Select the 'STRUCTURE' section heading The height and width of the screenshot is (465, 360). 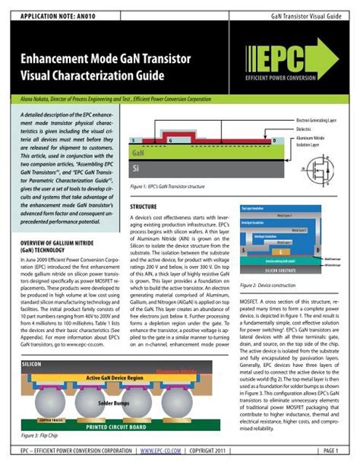tap(144, 207)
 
